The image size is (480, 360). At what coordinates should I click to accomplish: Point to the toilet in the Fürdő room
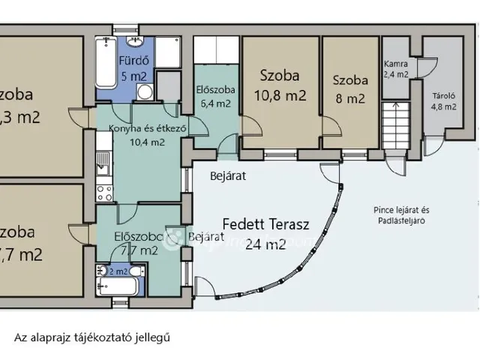point(145,92)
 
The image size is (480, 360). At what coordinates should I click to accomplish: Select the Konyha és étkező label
point(147,128)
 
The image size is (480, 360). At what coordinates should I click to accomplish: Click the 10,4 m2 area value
point(147,142)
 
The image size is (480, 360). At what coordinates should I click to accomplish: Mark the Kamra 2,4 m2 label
point(395,69)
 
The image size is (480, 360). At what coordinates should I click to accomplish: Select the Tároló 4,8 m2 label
point(443,100)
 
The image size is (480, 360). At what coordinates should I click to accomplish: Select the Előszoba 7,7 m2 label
point(138,244)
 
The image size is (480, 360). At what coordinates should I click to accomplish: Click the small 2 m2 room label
point(118,271)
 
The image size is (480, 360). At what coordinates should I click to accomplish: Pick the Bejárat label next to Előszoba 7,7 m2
point(207,237)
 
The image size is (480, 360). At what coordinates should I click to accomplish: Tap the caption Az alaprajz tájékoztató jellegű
point(92,337)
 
